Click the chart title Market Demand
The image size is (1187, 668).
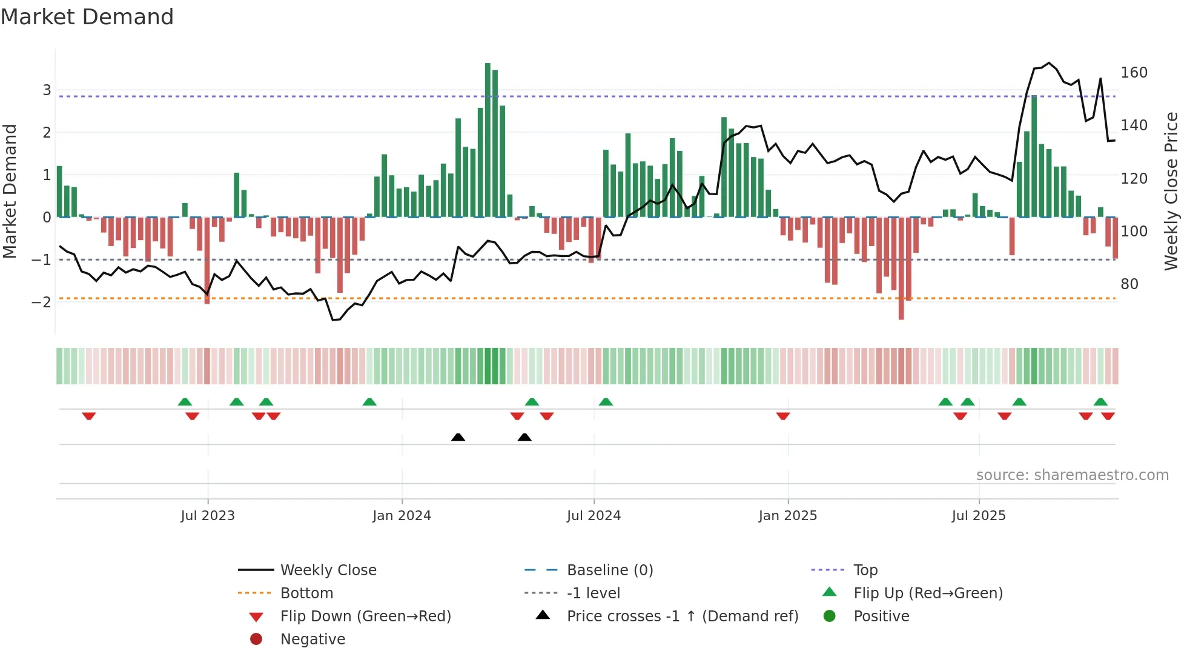(87, 17)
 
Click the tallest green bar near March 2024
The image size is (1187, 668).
(488, 139)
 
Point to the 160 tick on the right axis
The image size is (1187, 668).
(1134, 73)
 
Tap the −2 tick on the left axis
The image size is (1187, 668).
(42, 302)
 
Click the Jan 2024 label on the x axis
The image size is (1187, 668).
(402, 516)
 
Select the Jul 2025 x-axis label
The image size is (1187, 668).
(978, 516)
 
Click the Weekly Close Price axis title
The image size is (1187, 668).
(1171, 191)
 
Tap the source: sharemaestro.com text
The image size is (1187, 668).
(1072, 475)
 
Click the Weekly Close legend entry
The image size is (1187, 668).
(328, 570)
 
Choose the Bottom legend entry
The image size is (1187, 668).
(306, 593)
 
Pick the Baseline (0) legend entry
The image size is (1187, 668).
(609, 570)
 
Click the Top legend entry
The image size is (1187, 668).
(865, 570)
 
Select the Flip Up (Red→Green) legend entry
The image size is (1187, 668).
(928, 593)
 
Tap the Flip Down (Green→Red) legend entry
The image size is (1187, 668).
(365, 616)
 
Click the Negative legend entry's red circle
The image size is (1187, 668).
(256, 640)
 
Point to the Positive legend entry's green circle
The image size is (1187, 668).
(830, 616)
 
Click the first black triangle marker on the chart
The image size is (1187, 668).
(458, 437)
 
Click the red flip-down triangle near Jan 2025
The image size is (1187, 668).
(782, 416)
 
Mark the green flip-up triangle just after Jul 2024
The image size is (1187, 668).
(606, 402)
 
